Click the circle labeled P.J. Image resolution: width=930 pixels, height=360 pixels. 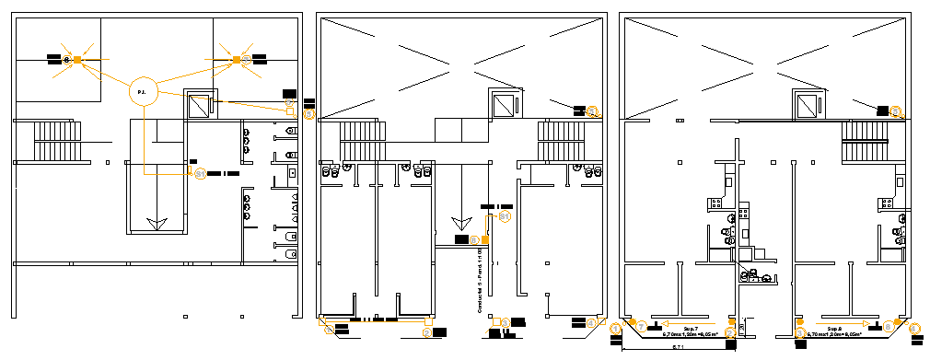click(142, 91)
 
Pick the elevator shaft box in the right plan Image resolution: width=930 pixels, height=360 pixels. click(808, 105)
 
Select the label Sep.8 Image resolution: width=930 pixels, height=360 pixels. click(835, 328)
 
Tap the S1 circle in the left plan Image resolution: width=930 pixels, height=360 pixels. click(200, 172)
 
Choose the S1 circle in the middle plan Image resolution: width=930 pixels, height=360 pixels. click(504, 216)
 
